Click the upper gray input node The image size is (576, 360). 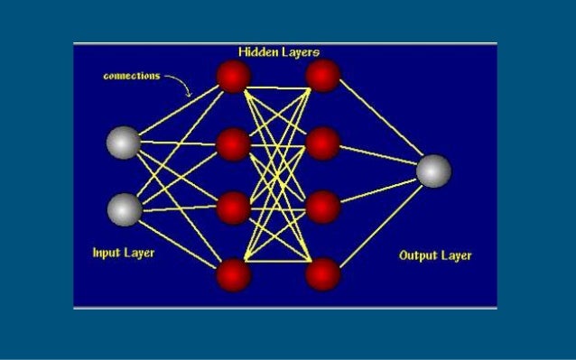(x=124, y=143)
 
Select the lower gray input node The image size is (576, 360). (x=125, y=209)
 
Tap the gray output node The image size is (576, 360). (x=433, y=171)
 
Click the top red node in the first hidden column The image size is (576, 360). (x=233, y=77)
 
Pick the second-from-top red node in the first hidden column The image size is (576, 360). (x=233, y=143)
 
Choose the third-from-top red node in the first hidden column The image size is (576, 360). (x=233, y=207)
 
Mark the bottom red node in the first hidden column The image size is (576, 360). (x=233, y=273)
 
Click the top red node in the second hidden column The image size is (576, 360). (x=323, y=77)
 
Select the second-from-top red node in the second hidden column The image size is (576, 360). (x=323, y=143)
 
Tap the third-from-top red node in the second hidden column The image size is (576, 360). (x=323, y=207)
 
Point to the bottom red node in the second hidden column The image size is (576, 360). (x=323, y=273)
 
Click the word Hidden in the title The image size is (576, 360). (x=257, y=52)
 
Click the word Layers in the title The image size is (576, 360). (x=299, y=52)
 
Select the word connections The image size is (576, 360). (x=131, y=76)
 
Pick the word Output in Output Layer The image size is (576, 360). (x=418, y=255)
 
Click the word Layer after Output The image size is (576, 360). (x=456, y=255)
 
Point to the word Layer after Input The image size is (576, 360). (x=138, y=253)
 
